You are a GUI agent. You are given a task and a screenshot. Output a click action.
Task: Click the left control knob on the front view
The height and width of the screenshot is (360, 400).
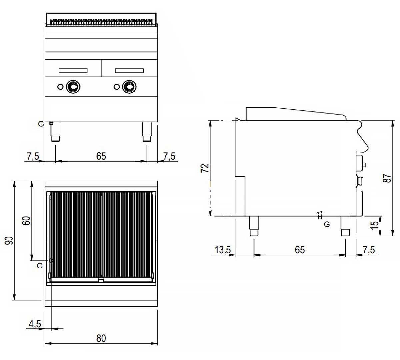tap(73, 87)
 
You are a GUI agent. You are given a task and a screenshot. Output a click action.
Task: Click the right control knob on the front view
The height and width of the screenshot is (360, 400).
tap(129, 87)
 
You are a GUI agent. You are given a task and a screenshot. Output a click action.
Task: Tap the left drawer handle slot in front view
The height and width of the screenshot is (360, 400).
tap(73, 71)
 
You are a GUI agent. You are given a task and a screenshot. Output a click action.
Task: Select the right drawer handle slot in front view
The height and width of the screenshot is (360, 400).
tap(129, 71)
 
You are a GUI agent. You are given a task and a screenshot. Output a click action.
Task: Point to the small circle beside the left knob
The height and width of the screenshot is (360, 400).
tap(60, 87)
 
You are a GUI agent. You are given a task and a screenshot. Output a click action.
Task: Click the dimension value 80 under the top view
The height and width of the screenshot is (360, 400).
tap(101, 338)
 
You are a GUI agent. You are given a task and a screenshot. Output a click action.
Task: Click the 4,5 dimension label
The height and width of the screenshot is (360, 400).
tap(35, 323)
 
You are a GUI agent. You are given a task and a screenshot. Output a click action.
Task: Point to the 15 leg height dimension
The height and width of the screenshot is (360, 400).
tap(375, 224)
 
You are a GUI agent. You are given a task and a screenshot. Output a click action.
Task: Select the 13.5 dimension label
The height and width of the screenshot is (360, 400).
tap(222, 250)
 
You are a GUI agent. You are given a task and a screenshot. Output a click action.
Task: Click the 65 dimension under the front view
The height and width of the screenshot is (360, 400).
tap(101, 156)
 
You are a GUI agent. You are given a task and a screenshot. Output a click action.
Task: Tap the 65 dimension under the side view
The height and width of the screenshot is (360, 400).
tap(300, 250)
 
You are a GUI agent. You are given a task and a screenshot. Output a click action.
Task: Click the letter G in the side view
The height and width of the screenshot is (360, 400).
tap(327, 224)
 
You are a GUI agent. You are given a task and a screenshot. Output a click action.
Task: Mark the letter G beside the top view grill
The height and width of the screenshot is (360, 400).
tap(40, 266)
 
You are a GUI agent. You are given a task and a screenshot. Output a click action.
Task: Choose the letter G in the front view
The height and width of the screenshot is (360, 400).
tap(41, 124)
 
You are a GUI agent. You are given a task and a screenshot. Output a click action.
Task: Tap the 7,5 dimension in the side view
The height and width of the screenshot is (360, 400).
tap(368, 250)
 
